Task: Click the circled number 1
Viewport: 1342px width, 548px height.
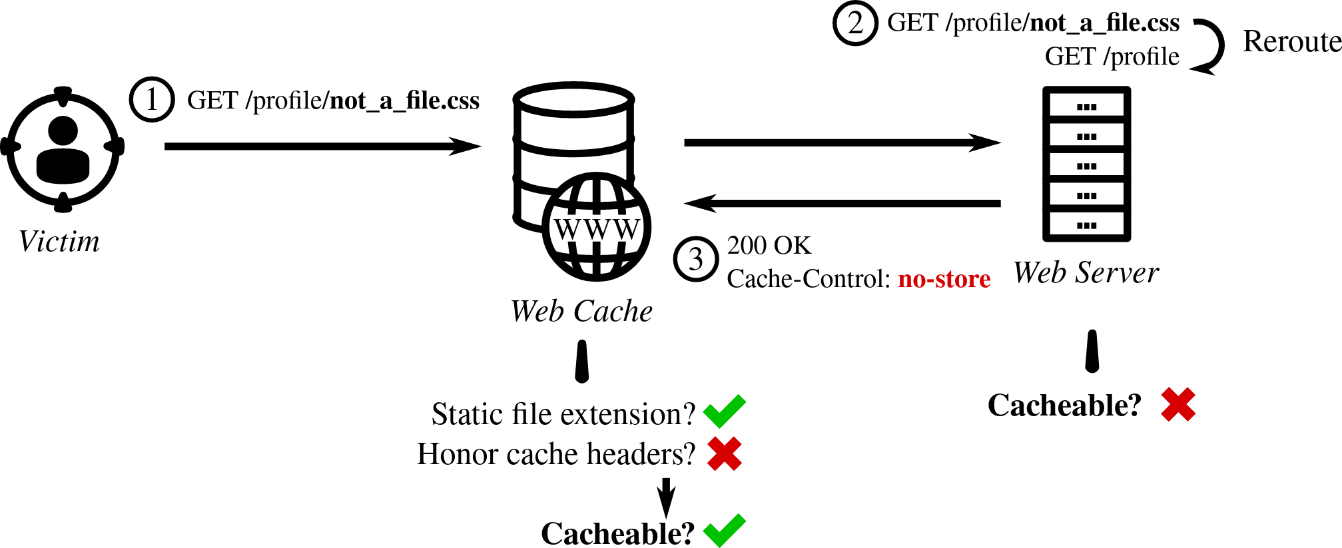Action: coord(152,100)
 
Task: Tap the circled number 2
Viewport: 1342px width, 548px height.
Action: coord(855,23)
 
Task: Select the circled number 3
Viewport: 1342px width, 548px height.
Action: coord(696,259)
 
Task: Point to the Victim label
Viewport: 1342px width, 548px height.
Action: coord(59,242)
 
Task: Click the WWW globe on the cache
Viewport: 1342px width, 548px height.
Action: coord(597,227)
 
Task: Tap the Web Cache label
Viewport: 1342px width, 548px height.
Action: coord(581,312)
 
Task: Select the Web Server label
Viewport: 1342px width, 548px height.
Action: coord(1086,273)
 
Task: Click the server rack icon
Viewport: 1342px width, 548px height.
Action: coord(1086,164)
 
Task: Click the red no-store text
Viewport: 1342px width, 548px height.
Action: coord(944,279)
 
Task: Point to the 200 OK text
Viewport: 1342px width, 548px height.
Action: coord(769,246)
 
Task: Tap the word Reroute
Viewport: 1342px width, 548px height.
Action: coord(1291,42)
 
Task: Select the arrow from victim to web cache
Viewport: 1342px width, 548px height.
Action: coord(322,146)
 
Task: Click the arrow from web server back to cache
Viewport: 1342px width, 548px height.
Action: coord(842,203)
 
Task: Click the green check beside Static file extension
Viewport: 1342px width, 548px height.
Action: coord(724,411)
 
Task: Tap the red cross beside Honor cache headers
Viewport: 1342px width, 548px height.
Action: coord(724,454)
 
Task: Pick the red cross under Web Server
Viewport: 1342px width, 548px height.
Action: coord(1177,405)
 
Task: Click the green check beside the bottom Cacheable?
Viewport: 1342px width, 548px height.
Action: coord(724,531)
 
